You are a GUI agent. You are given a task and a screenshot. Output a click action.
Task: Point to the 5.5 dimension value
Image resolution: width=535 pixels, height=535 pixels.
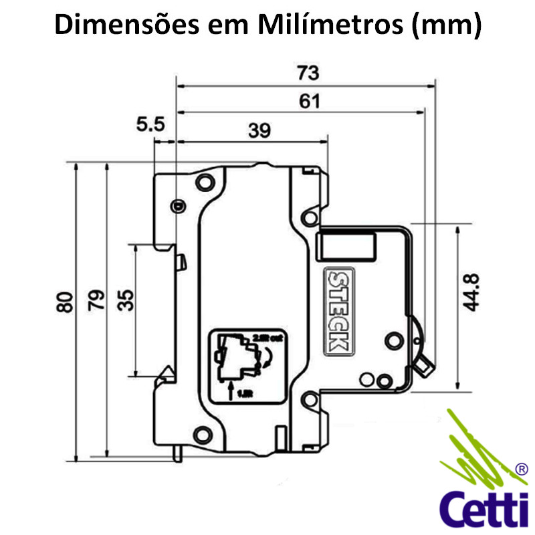pos(150,123)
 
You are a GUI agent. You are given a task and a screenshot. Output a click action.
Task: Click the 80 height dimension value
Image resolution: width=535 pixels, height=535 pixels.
pos(65,303)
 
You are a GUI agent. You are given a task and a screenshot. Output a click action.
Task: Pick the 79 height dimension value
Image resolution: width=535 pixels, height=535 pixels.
pos(98,303)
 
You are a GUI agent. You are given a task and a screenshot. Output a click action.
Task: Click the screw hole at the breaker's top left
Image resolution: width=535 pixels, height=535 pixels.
pos(205,180)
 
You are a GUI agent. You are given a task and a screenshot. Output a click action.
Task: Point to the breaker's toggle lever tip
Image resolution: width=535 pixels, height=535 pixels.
pos(424,364)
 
